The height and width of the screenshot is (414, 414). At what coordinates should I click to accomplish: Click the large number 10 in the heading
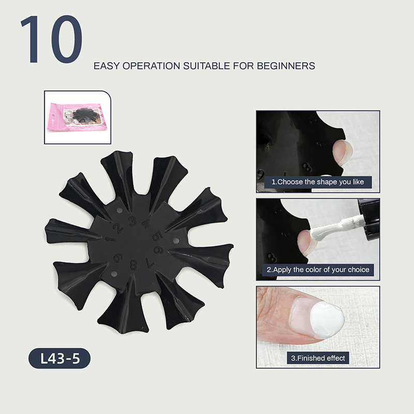point(51,39)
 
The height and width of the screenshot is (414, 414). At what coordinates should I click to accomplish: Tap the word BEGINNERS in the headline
point(286,66)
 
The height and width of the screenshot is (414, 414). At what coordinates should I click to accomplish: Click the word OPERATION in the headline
point(151,66)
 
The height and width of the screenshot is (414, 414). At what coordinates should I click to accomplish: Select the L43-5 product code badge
point(60,358)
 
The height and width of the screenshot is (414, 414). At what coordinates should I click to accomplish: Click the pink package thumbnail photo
point(78,117)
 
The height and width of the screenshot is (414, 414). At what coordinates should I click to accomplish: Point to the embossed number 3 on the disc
point(133,221)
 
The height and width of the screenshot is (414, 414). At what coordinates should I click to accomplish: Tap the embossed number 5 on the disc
point(157,236)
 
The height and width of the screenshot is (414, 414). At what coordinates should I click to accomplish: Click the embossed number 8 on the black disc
point(134,264)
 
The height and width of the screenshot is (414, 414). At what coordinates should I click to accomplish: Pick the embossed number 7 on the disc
point(150,262)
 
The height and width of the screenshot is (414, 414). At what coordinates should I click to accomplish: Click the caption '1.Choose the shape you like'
point(318,182)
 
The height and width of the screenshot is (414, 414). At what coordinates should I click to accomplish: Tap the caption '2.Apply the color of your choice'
point(318,270)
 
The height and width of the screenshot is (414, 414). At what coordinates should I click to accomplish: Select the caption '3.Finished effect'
point(318,358)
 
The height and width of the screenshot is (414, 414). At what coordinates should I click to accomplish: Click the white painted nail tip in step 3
point(327,320)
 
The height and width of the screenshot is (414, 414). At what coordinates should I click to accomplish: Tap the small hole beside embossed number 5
point(176,241)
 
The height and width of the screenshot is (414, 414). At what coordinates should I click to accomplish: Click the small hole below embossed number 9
point(114,274)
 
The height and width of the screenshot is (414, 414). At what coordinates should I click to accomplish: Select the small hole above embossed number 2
point(120,211)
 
